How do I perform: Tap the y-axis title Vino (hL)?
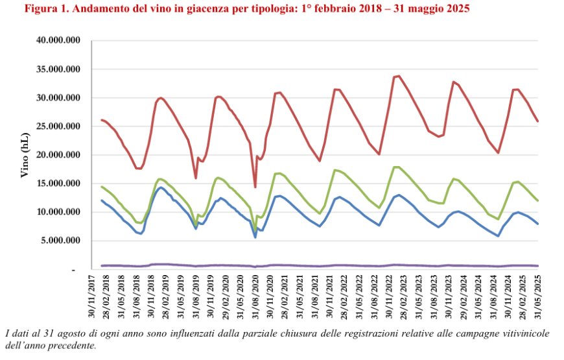pos(25,155)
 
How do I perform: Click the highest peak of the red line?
pos(398,76)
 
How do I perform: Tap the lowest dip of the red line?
pos(255,187)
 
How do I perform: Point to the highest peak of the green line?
pos(395,167)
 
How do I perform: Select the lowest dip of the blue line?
pos(255,237)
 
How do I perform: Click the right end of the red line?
pos(538,121)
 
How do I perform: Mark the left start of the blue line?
pos(102,200)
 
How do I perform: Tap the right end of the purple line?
pos(538,265)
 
